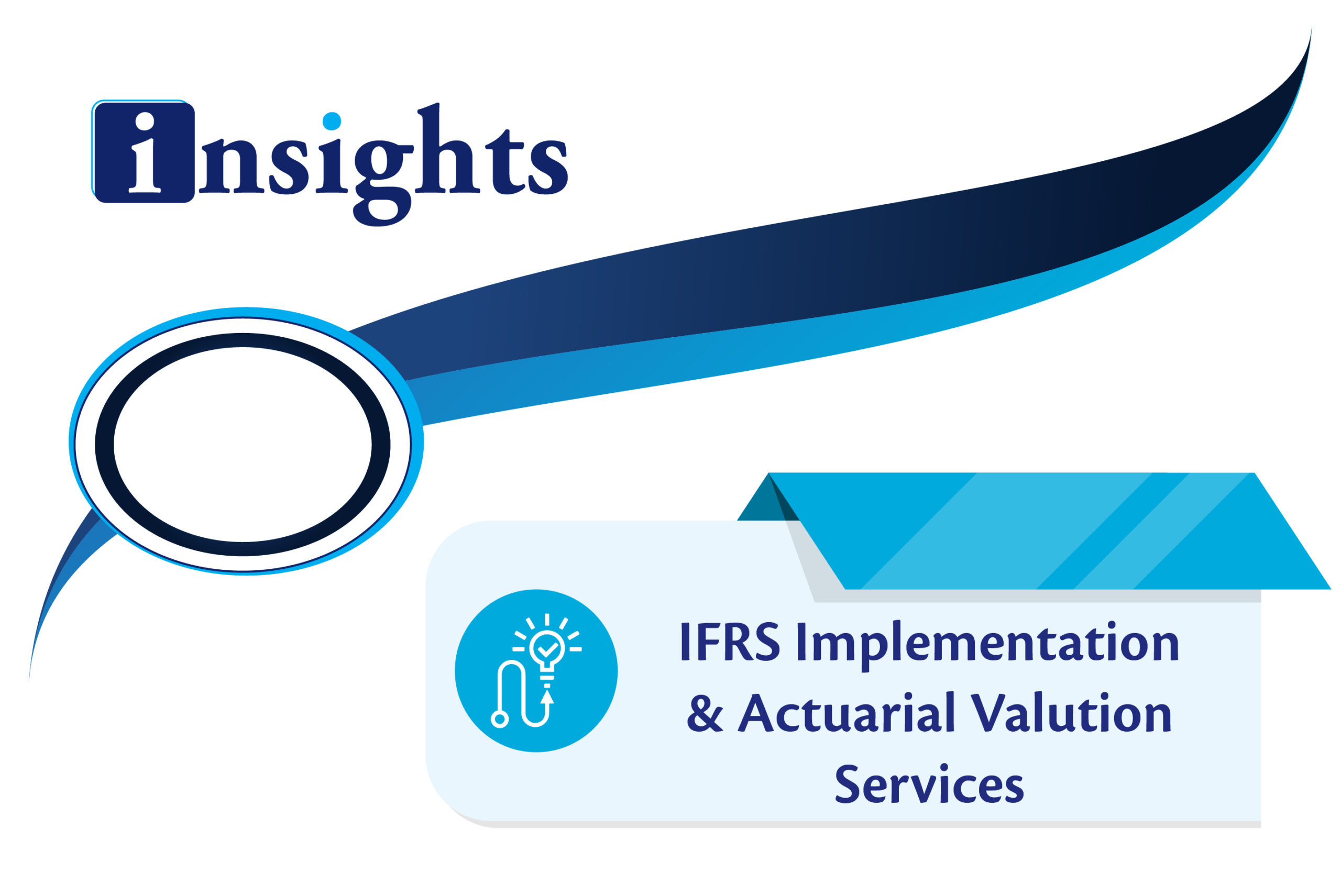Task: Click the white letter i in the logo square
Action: click(146, 152)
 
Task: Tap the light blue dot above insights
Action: click(332, 121)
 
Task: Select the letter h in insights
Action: click(447, 149)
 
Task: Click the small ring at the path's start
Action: click(500, 719)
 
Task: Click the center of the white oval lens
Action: click(243, 445)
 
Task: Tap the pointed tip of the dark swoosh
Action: click(1312, 27)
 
